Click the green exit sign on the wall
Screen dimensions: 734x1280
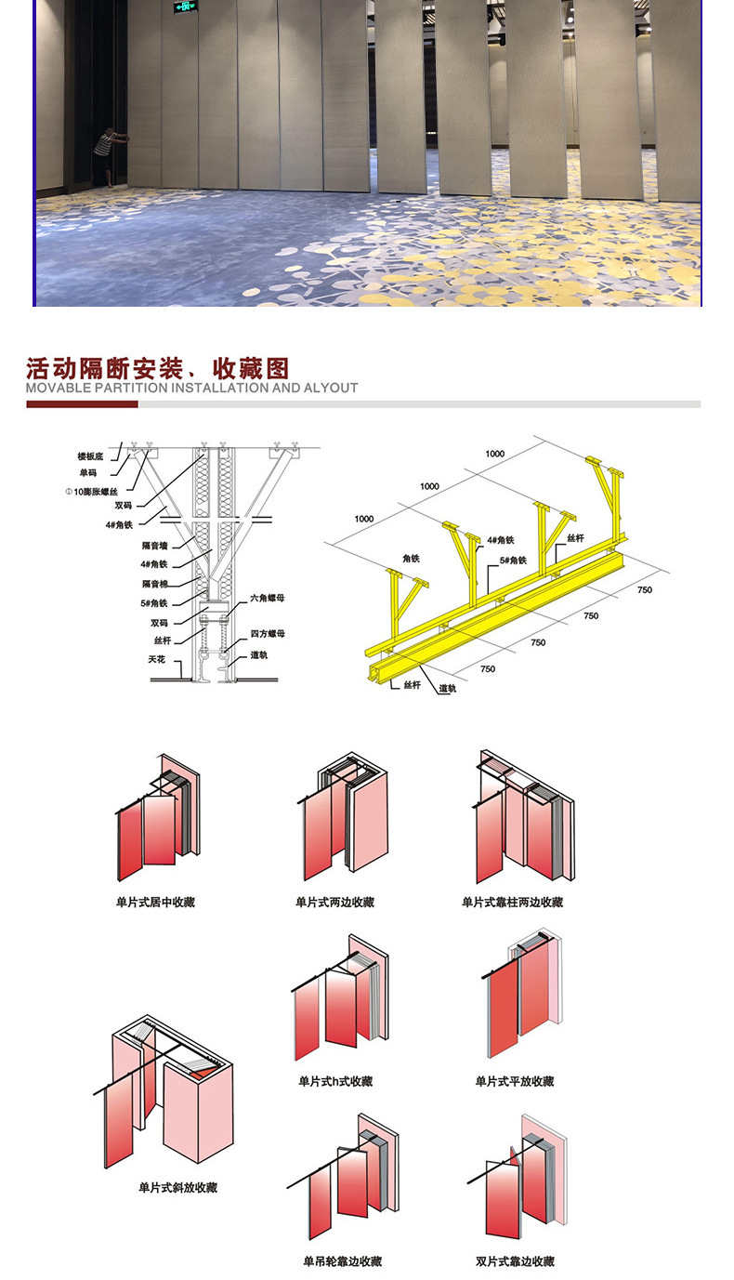pyautogui.click(x=186, y=7)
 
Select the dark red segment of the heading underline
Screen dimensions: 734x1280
pyautogui.click(x=82, y=404)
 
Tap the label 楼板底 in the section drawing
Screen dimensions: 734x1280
pyautogui.click(x=91, y=456)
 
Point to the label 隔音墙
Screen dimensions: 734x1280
pyautogui.click(x=154, y=546)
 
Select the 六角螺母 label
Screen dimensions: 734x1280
pyautogui.click(x=268, y=598)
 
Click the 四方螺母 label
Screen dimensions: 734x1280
pyautogui.click(x=268, y=633)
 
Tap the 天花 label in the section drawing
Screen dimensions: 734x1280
pyautogui.click(x=157, y=658)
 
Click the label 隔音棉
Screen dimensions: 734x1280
pyautogui.click(x=154, y=583)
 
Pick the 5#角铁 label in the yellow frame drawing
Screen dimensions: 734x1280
pyautogui.click(x=514, y=561)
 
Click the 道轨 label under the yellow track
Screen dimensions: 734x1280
pyautogui.click(x=448, y=689)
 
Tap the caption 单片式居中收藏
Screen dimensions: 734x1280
pyautogui.click(x=155, y=902)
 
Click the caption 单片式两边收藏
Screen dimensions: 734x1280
pyautogui.click(x=334, y=902)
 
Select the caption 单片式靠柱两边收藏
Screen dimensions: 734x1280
pyautogui.click(x=512, y=902)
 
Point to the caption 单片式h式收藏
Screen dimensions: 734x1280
pyautogui.click(x=334, y=1081)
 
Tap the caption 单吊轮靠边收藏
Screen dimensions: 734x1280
pyautogui.click(x=342, y=1261)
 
